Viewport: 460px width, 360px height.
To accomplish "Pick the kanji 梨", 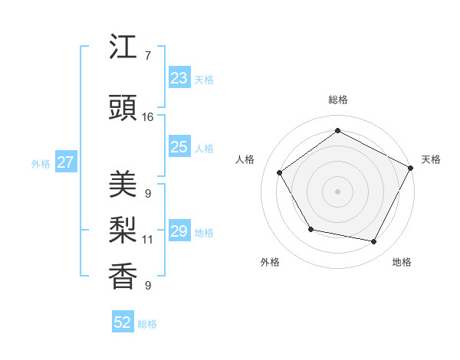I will coord(123,231).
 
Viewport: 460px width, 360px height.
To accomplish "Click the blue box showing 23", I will coord(179,78).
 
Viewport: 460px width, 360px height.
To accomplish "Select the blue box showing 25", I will coord(179,147).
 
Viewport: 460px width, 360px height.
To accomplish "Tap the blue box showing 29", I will coord(179,231).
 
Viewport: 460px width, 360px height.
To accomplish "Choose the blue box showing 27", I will coord(65,162).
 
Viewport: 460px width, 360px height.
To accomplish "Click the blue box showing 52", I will coord(123,322).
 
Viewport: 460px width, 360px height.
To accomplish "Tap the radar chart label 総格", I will coord(337,100).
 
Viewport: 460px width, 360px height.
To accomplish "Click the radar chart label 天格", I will coord(431,159).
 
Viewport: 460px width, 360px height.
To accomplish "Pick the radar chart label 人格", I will coord(245,159).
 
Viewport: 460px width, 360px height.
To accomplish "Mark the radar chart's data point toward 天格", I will coord(411,167).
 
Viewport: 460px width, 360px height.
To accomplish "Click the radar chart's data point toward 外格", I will coord(310,229).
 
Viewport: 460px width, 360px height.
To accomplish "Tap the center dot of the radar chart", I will coord(337,191).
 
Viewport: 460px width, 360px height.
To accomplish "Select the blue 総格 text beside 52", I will coord(147,324).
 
